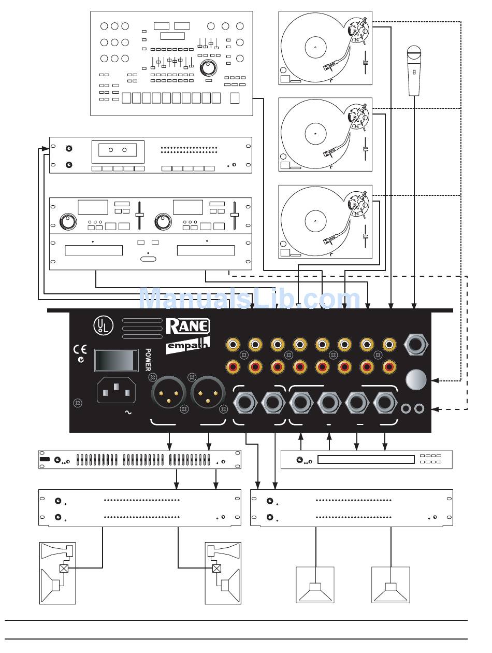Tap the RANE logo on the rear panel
[x=187, y=326]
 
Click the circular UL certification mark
[x=100, y=325]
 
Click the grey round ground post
[x=416, y=380]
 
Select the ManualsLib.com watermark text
[x=250, y=300]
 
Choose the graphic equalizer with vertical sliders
[x=140, y=460]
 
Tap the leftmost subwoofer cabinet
[x=315, y=585]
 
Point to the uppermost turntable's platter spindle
[x=314, y=48]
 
